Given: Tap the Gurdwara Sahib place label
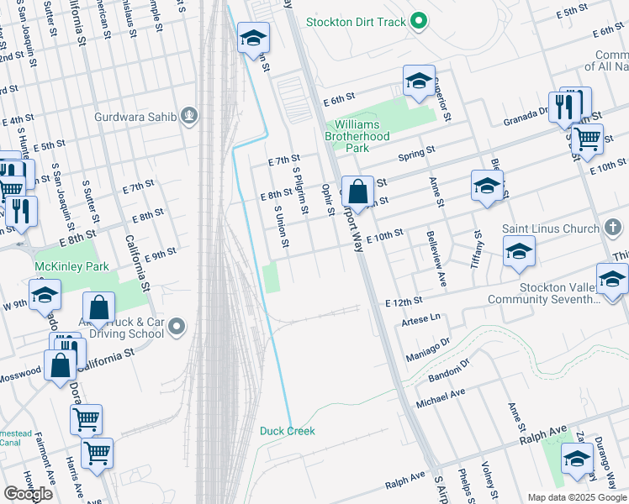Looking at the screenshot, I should pos(135,117).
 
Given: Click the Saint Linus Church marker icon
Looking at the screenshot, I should pos(612,228).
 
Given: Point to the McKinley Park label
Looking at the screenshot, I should pos(60,266).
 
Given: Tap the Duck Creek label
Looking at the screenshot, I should pos(287,431).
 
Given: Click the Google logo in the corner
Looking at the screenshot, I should pos(28,494).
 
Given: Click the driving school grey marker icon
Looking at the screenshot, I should pos(175,326).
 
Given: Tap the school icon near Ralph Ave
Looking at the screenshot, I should pos(576,458).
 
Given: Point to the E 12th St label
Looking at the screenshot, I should pos(404,302).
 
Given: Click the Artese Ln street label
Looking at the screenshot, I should pos(421,319).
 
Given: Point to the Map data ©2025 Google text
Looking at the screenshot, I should pos(576,497).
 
